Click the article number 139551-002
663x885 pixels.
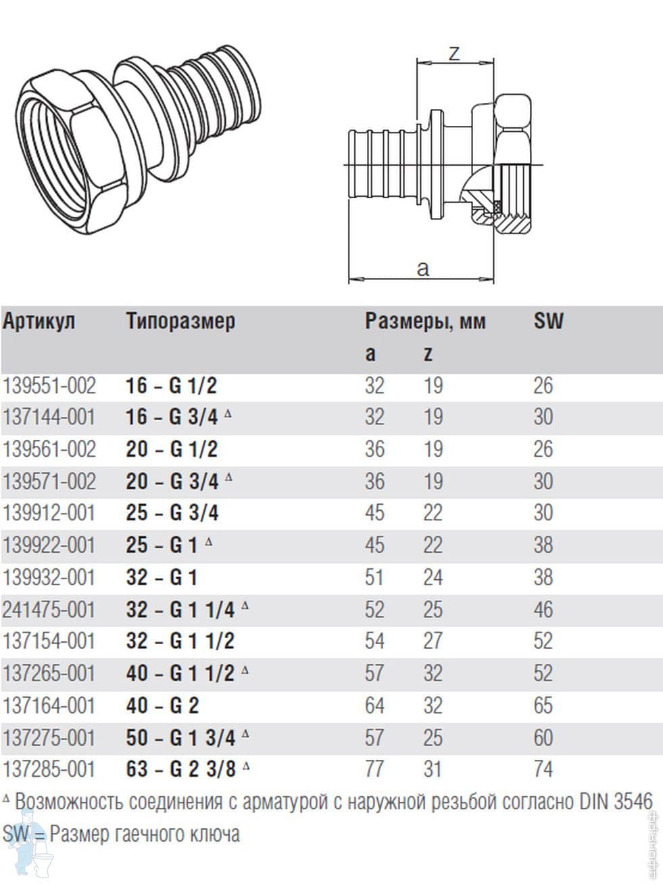49,386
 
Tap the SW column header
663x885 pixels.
549,321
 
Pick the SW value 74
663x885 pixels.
543,769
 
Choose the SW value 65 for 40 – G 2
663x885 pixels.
543,706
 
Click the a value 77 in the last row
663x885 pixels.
374,769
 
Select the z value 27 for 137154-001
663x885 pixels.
433,641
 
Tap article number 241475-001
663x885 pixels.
49,609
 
